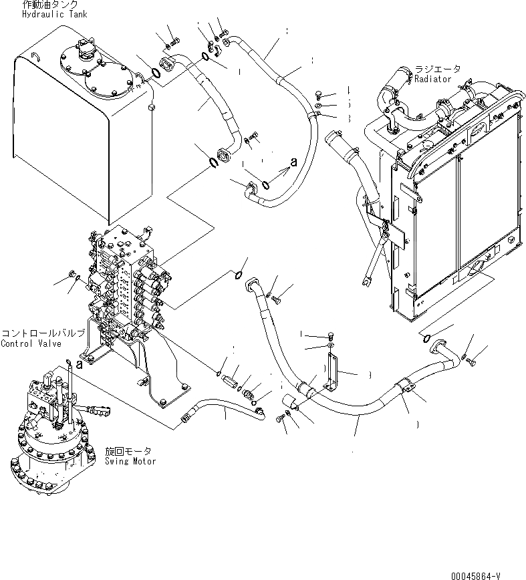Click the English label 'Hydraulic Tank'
54,14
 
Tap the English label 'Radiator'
432,79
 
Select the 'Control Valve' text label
31,344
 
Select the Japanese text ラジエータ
437,69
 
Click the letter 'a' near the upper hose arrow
293,161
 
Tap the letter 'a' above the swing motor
80,365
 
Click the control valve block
127,281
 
